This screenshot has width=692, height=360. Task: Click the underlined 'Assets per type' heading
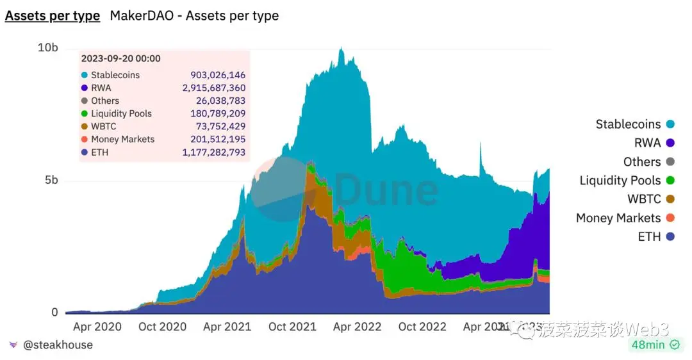53,15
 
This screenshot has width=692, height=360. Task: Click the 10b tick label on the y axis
48,48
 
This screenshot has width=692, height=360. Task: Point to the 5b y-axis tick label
51,180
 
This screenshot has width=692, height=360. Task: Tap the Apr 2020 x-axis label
97,327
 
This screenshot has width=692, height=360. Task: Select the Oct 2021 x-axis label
292,327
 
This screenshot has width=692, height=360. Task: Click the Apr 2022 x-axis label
358,327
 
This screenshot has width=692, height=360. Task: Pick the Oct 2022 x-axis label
422,327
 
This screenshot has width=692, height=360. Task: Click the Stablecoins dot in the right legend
671,124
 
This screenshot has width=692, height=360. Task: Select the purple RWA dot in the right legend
671,143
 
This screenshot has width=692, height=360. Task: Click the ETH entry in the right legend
649,236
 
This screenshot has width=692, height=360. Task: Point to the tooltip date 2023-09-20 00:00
120,58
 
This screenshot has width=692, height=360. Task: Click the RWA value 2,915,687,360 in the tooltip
214,88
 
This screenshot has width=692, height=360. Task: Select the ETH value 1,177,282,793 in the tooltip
214,152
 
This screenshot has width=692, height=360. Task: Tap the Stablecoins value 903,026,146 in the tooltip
218,75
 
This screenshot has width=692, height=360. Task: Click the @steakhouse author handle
58,345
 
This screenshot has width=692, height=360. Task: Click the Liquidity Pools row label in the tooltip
121,113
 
